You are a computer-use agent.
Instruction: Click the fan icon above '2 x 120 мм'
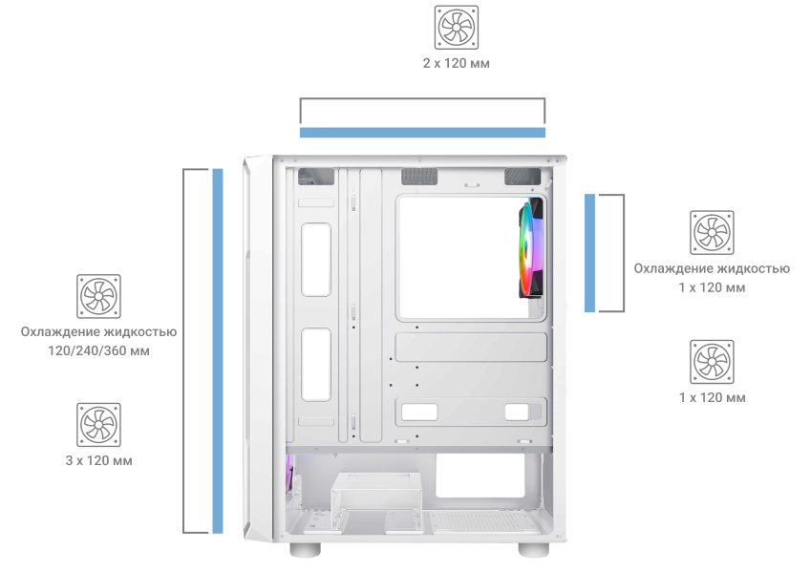pos(457,28)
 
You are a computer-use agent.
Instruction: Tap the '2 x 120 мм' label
pos(457,63)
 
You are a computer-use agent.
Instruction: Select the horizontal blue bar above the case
pos(422,133)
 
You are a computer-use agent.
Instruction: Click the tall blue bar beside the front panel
pos(218,350)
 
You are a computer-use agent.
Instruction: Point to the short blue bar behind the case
pos(589,253)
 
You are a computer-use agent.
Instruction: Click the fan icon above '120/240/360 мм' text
pos(98,296)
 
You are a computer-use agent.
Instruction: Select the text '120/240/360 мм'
pos(98,350)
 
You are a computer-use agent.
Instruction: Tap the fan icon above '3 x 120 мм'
pos(98,425)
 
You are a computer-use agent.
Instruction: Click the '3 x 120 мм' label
pos(98,460)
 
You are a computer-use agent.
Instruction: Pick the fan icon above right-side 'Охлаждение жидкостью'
pos(713,232)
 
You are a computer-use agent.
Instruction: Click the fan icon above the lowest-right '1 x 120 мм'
pos(713,362)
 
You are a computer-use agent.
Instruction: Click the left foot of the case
pos(305,550)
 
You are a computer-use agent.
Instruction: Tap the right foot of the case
pos(534,550)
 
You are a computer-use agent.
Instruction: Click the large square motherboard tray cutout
pos(471,258)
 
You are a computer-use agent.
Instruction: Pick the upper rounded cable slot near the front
pos(316,260)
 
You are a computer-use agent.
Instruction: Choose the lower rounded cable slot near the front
pos(316,364)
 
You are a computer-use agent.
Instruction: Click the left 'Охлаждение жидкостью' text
pos(98,331)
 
